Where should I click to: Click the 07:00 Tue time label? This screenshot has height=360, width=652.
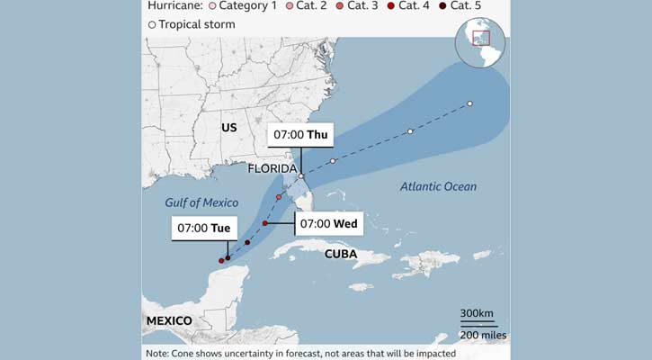pyautogui.click(x=202, y=229)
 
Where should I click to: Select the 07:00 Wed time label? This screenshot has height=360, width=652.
pyautogui.click(x=328, y=222)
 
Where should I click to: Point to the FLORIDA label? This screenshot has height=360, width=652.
pyautogui.click(x=273, y=168)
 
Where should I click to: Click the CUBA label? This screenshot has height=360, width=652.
pyautogui.click(x=341, y=254)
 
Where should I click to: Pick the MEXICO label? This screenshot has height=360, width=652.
pyautogui.click(x=169, y=321)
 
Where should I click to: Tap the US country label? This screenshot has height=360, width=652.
pyautogui.click(x=229, y=128)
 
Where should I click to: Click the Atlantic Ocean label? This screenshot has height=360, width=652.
pyautogui.click(x=439, y=186)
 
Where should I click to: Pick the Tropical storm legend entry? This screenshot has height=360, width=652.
pyautogui.click(x=192, y=24)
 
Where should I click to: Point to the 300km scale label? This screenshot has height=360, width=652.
pyautogui.click(x=477, y=313)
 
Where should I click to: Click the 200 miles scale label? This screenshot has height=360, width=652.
pyautogui.click(x=482, y=335)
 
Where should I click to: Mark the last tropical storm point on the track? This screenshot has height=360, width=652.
pyautogui.click(x=469, y=103)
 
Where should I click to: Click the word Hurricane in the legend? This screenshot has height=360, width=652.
pyautogui.click(x=175, y=5)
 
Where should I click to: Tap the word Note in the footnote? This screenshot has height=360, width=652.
pyautogui.click(x=159, y=354)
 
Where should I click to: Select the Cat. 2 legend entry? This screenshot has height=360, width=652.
pyautogui.click(x=306, y=5)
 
